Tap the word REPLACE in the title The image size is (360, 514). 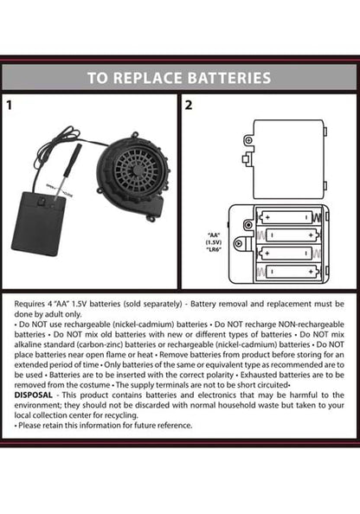coord(147,78)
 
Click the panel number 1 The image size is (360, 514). coord(9,106)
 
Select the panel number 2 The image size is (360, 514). coord(189,106)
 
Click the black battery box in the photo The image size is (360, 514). coord(38,223)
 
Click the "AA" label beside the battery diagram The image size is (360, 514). coord(214,235)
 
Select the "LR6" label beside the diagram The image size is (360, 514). coord(214,249)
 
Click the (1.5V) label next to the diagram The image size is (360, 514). coord(214,242)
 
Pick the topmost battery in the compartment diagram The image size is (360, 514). coord(286,217)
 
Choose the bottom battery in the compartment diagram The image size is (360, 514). coord(292,272)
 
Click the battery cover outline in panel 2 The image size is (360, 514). coord(288,159)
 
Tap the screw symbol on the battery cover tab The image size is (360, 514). coord(248,141)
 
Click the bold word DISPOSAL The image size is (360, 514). coord(33,395)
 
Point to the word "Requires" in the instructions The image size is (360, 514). coord(29,305)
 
